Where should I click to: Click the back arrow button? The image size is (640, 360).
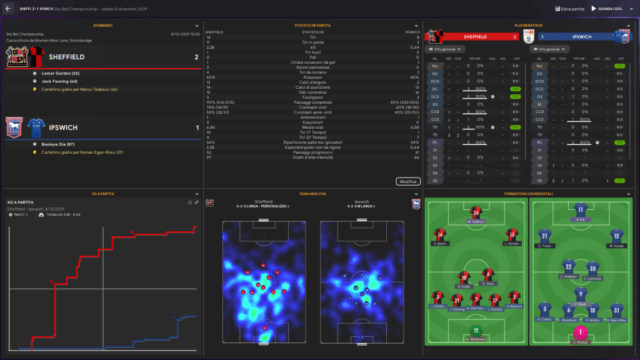coord(8,9)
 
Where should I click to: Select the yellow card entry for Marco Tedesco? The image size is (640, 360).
coord(79,89)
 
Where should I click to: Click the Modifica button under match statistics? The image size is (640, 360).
coord(407,181)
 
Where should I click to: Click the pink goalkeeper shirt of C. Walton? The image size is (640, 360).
coord(581,333)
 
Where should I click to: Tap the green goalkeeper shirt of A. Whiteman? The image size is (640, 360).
coord(476,331)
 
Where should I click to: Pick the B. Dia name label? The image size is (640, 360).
coord(581,221)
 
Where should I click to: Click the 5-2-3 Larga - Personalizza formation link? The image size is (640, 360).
coord(263,206)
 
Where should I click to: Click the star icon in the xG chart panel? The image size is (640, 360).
coord(189,202)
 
